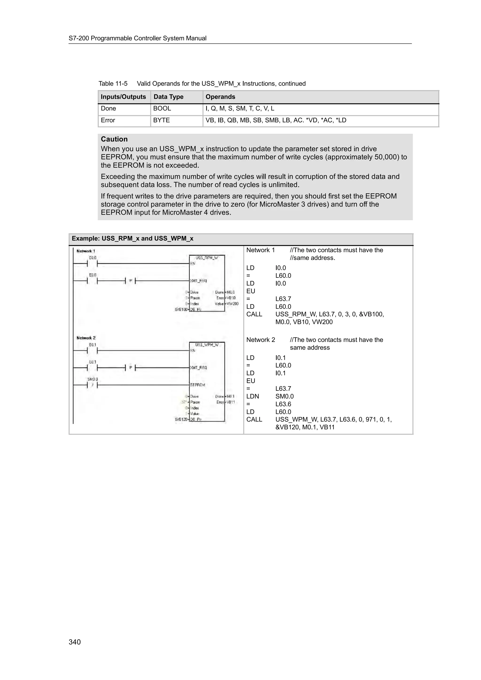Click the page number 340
[74, 642]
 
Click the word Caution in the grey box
[114, 139]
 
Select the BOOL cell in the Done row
[162, 108]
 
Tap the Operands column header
[220, 97]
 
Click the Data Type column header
[168, 97]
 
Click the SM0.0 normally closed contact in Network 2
[93, 385]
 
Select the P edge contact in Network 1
[130, 281]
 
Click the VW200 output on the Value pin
[233, 304]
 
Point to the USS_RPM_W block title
[207, 258]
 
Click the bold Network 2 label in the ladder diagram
[86, 338]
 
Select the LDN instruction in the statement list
[252, 396]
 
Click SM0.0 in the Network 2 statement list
[284, 396]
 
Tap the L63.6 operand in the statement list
[283, 404]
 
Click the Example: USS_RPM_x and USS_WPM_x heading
[132, 238]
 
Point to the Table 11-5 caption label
[113, 84]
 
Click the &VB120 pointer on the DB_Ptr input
[181, 419]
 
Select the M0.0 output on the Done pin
[231, 292]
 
